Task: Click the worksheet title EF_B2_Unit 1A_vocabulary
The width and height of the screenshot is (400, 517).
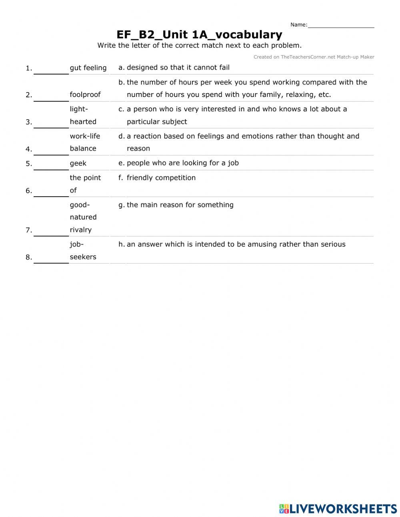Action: point(199,35)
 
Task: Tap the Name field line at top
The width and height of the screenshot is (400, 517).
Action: point(341,25)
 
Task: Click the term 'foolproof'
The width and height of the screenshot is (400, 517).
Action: point(85,95)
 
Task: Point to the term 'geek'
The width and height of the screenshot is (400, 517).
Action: point(78,163)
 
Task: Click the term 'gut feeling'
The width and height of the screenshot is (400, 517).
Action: point(88,68)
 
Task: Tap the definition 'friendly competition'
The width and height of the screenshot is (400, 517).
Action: point(161,178)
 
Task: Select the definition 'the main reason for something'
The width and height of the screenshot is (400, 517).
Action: point(180,205)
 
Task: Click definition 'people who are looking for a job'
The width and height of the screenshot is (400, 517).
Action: point(183,163)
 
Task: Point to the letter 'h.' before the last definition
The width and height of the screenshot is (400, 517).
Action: point(122,244)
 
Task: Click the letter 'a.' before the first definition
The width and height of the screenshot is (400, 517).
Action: point(122,68)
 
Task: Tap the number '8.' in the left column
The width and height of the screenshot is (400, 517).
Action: point(29,257)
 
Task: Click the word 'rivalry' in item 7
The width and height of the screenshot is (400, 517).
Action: point(81,230)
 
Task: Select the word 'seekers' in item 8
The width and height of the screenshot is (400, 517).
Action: point(83,257)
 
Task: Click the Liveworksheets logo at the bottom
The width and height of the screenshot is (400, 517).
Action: point(338,509)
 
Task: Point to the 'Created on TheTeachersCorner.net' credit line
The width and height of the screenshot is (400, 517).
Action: point(314,57)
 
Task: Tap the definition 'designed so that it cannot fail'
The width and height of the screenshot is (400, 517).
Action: point(178,68)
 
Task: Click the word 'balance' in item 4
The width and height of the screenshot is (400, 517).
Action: point(83,149)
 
